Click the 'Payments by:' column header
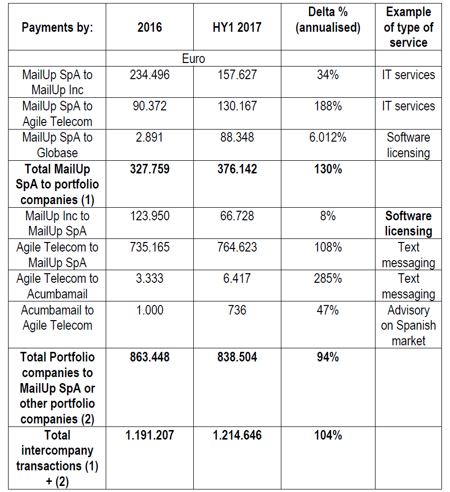coord(57,27)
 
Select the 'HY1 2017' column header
coord(237,27)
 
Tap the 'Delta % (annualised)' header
coord(328,20)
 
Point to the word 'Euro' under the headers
coord(193,58)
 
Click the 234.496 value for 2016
coord(150,75)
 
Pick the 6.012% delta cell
coord(328,138)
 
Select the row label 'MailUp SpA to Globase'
coord(57,145)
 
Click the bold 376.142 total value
coord(237,169)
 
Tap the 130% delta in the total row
coord(328,169)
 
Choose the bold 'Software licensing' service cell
coord(408,223)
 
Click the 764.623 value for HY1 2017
coord(237,247)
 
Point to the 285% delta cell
coord(328,278)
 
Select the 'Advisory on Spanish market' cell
coord(408,325)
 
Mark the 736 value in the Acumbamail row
coord(237,310)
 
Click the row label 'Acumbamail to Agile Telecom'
coord(57,318)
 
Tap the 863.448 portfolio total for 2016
coord(150,357)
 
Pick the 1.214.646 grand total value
coord(237,435)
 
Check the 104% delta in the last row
coord(328,435)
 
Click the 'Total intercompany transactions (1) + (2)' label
coord(57,458)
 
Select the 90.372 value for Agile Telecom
coord(150,106)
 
